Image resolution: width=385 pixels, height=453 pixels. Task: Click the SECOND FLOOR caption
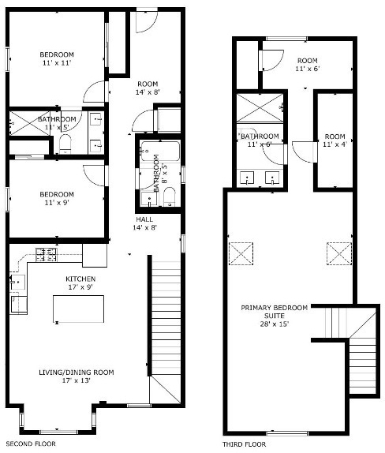[x=31, y=444]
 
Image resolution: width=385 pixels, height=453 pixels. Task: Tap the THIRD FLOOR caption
[x=244, y=444]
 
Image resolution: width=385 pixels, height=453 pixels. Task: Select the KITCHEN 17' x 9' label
[x=80, y=283]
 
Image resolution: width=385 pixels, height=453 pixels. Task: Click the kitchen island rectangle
[x=79, y=309]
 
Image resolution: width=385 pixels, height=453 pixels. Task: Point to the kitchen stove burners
[x=47, y=255]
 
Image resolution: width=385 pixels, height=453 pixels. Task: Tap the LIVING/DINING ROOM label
[x=77, y=376]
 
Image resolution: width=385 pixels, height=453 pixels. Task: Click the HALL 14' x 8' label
[x=144, y=223]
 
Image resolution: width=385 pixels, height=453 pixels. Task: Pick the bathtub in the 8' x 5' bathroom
[x=159, y=151]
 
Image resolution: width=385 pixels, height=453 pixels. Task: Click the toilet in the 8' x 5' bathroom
[x=170, y=197]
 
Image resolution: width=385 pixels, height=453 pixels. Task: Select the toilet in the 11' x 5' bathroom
[x=65, y=144]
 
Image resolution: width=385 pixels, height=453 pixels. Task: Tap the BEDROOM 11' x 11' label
[x=57, y=58]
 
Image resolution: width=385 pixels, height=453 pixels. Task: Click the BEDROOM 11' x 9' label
[x=57, y=198]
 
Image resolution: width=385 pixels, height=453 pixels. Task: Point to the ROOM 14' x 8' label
[x=148, y=88]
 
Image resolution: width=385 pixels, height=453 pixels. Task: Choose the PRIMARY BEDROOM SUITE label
[x=274, y=316]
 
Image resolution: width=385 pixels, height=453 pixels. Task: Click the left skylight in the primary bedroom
[x=241, y=253]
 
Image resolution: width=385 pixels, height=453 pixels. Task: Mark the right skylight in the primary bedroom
[x=339, y=253]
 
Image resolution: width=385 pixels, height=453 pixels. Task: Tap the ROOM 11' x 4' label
[x=335, y=140]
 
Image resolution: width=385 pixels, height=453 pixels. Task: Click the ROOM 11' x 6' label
[x=308, y=65]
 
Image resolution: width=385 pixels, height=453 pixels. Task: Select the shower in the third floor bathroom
[x=260, y=108]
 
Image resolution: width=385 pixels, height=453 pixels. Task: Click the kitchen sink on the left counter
[x=17, y=283]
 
